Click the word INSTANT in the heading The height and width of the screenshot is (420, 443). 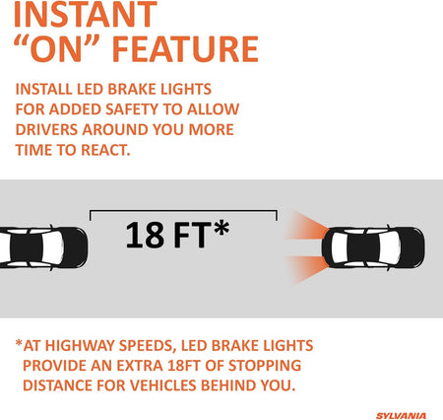coord(86,15)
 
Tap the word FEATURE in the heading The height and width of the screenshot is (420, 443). coord(185,49)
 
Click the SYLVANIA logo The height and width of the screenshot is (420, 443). coord(401,416)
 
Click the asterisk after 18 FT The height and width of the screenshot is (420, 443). coord(221,228)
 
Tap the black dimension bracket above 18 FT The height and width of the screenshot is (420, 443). coord(183,211)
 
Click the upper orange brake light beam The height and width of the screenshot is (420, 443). coord(307,227)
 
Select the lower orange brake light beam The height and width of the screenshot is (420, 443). coord(307,268)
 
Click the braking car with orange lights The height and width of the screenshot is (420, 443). coord(373,247)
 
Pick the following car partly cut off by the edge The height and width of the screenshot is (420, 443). coord(43,247)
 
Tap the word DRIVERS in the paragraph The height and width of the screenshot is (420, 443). coord(46,129)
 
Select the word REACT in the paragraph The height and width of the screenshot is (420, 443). coord(105,150)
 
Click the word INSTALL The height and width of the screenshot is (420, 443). coord(43,90)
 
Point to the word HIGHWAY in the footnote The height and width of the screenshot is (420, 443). coord(80,346)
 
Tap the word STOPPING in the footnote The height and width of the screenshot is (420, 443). coord(265,366)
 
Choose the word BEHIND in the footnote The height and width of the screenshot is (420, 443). coord(228,385)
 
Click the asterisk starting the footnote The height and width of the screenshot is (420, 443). coord(19,343)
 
